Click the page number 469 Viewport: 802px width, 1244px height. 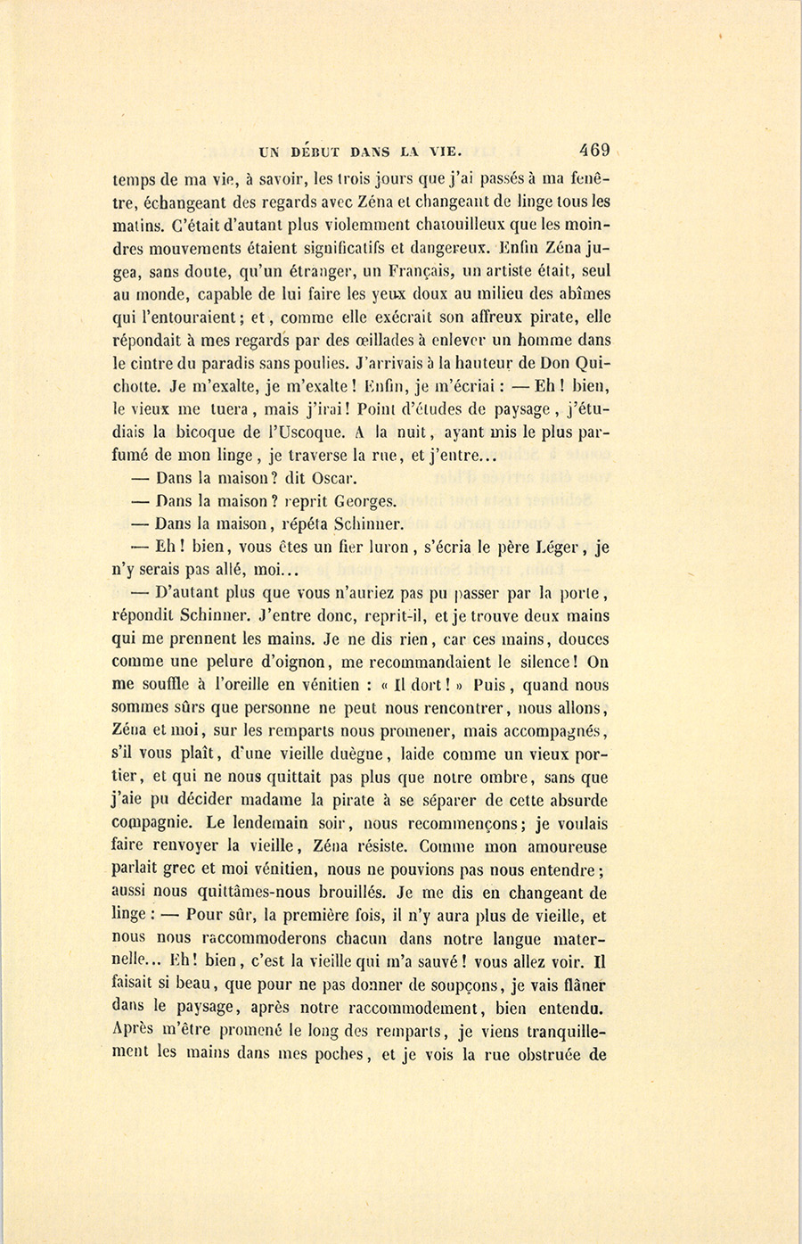593,150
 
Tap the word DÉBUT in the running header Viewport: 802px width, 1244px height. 319,151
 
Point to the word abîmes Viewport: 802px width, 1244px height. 582,293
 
